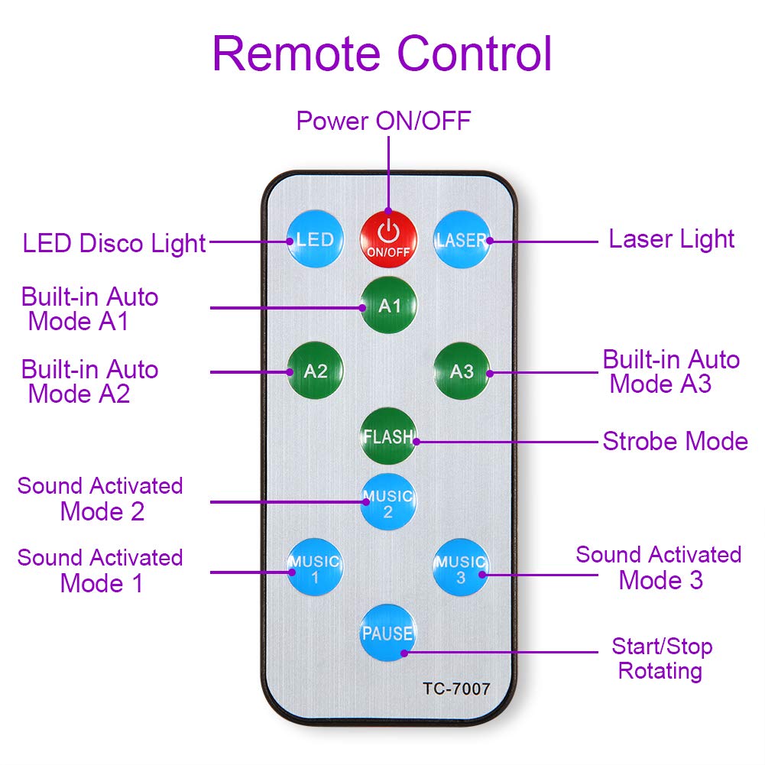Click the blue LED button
pyautogui.click(x=315, y=240)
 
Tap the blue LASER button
pyautogui.click(x=462, y=240)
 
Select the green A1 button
pyautogui.click(x=389, y=306)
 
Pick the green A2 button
pyautogui.click(x=315, y=371)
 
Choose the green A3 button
pyautogui.click(x=462, y=371)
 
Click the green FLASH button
pyautogui.click(x=389, y=437)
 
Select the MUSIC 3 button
pyautogui.click(x=461, y=569)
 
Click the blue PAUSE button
pyautogui.click(x=388, y=633)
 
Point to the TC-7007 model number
pyautogui.click(x=456, y=689)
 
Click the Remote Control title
pyautogui.click(x=382, y=53)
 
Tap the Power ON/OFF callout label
pyautogui.click(x=384, y=121)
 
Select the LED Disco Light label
pyautogui.click(x=115, y=244)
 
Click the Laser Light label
pyautogui.click(x=671, y=239)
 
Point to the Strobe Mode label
pyautogui.click(x=675, y=441)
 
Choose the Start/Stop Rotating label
pyautogui.click(x=661, y=659)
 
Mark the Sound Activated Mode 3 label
pyautogui.click(x=659, y=567)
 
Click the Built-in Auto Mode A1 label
pyautogui.click(x=90, y=309)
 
